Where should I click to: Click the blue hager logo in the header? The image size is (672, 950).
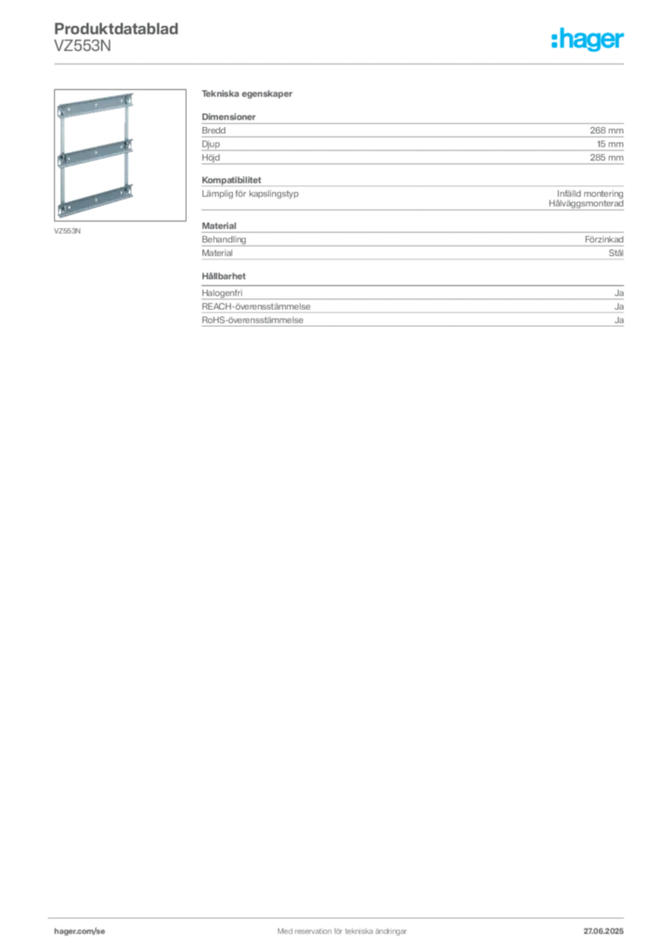[588, 42]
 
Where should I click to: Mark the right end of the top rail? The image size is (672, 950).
[131, 99]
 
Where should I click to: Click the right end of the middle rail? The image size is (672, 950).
[131, 146]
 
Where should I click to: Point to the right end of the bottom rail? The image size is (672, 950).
[131, 192]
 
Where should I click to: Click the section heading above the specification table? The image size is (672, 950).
[248, 96]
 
